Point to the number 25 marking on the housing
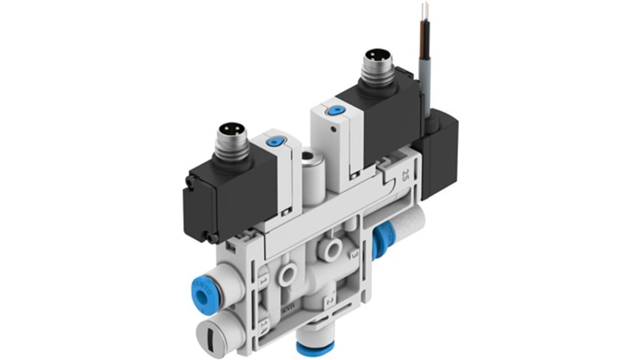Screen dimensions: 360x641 point(404,174)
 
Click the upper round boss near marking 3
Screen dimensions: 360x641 point(334,249)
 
